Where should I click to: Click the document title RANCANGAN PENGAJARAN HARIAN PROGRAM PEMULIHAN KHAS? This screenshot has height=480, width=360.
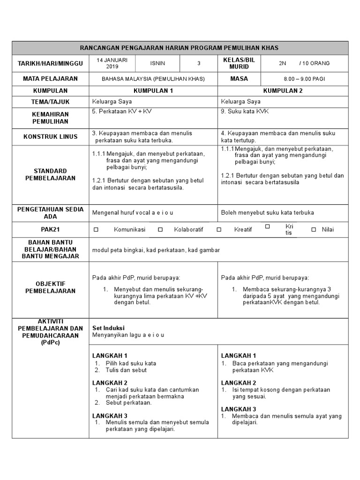[180, 48]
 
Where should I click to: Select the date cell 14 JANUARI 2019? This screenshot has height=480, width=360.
[112, 63]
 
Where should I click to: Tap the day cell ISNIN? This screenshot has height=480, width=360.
[157, 63]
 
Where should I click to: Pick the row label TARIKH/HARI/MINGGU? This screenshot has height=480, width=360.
[50, 63]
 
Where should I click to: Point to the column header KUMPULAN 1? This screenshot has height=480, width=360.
[153, 90]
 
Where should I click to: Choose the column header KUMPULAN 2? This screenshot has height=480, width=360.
[283, 90]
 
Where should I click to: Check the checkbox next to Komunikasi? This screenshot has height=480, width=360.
[96, 230]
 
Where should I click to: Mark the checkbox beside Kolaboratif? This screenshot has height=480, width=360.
[160, 230]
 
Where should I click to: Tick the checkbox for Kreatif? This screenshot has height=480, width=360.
[219, 230]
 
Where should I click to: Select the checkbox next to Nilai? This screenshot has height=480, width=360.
[314, 230]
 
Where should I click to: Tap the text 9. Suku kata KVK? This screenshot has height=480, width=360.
[245, 112]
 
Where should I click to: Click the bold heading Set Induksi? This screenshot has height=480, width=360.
[108, 328]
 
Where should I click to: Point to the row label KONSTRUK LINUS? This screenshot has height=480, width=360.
[50, 136]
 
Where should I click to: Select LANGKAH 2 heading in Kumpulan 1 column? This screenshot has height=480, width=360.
[110, 382]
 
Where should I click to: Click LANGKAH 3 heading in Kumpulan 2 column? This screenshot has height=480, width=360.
[239, 409]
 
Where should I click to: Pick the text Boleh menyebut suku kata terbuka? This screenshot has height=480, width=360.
[267, 212]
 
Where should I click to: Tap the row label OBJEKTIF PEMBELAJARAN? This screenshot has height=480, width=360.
[50, 287]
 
